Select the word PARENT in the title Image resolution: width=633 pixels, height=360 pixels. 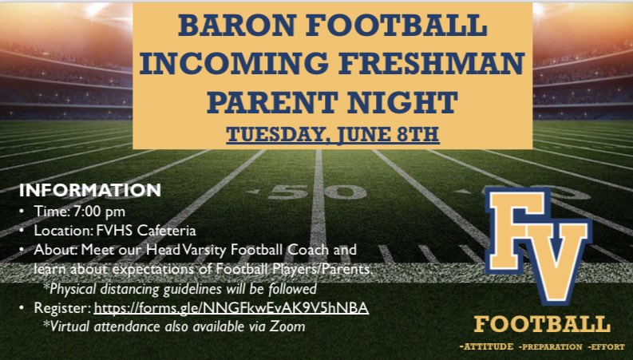pyautogui.click(x=261, y=102)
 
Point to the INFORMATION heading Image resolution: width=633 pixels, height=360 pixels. pyautogui.click(x=89, y=191)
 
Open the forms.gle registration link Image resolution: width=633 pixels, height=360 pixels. pyautogui.click(x=231, y=308)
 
